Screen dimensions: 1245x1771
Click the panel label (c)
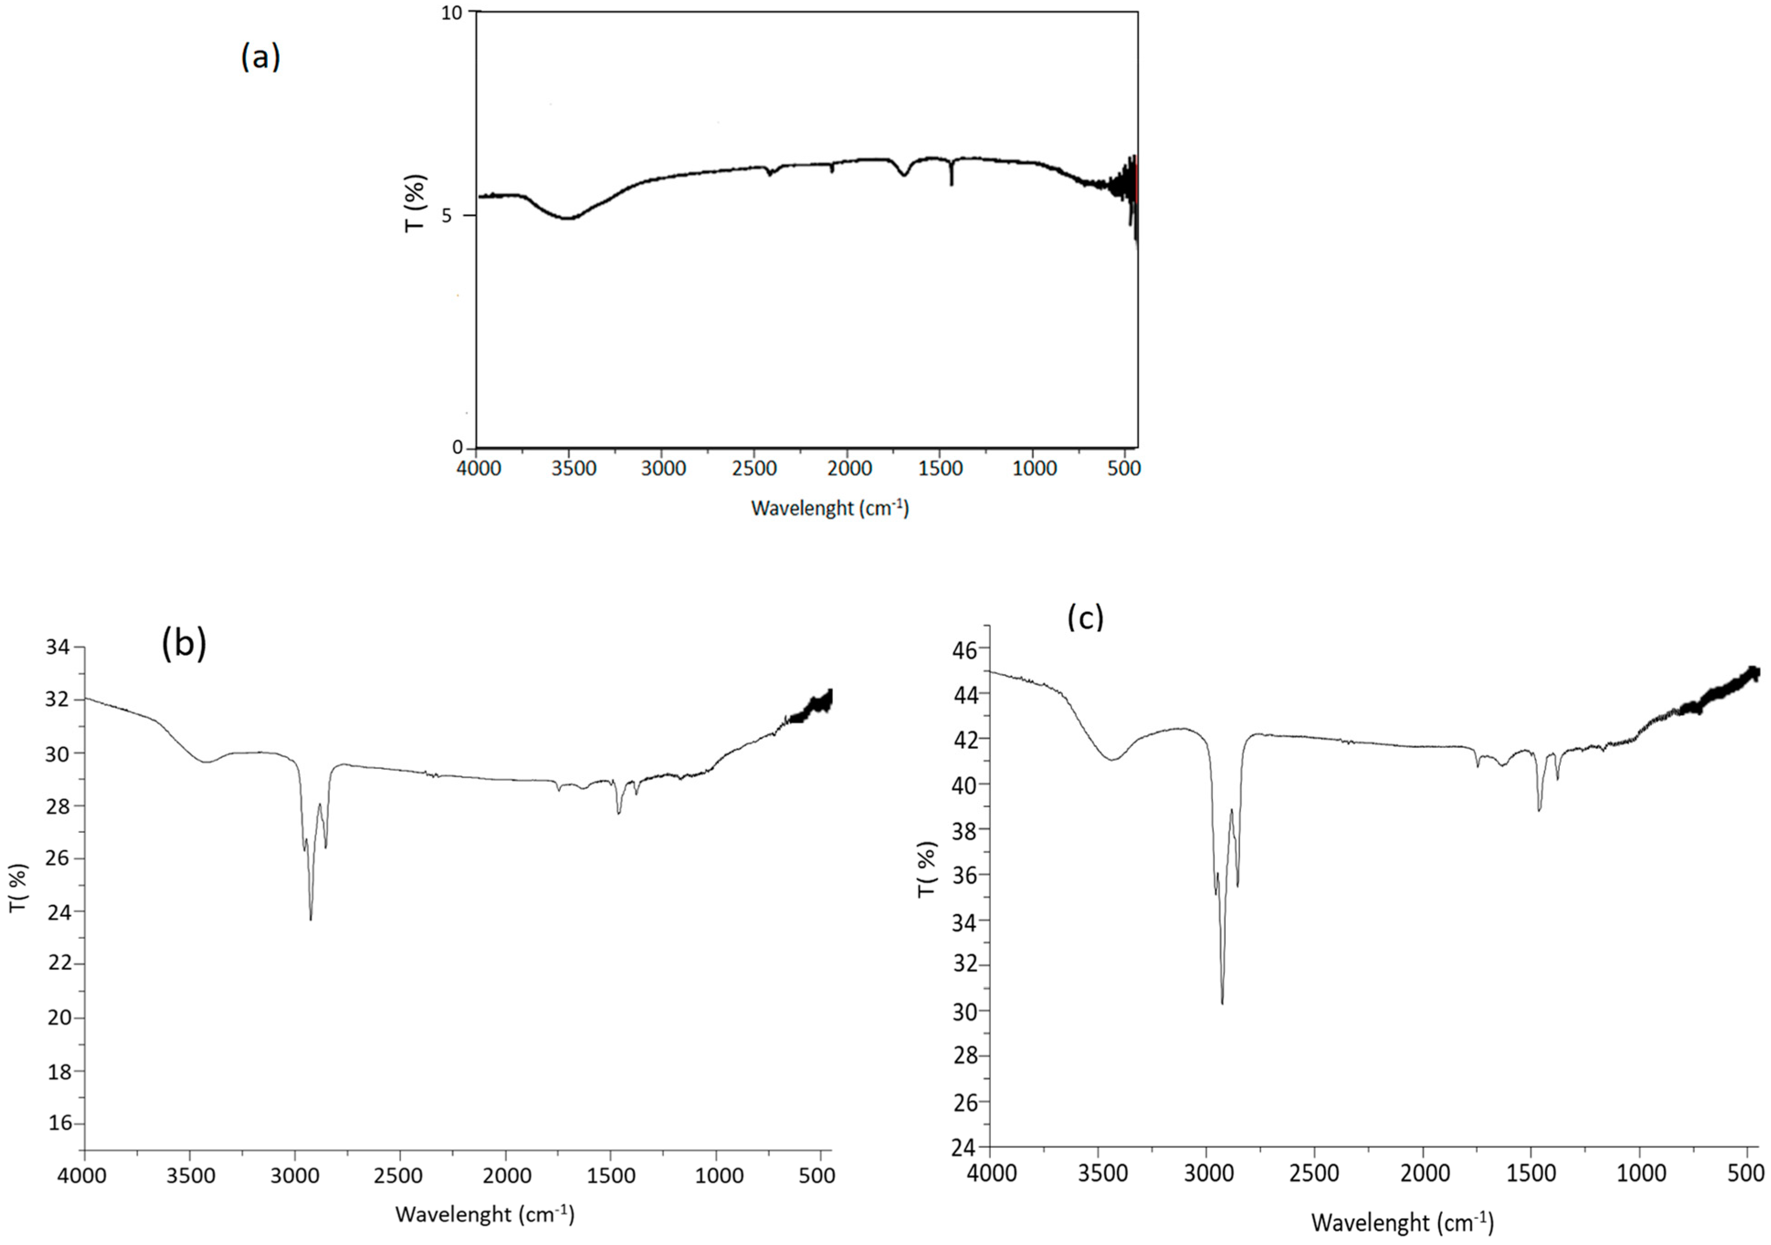coord(1085,617)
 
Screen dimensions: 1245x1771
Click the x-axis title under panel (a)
coord(830,508)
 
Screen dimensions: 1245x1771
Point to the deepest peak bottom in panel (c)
coord(1222,1003)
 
